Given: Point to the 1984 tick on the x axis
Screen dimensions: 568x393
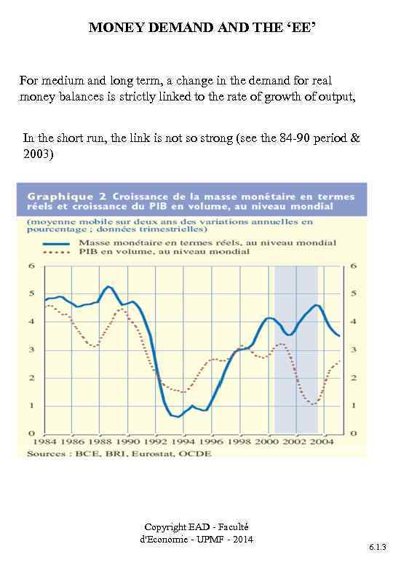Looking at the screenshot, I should [44, 441].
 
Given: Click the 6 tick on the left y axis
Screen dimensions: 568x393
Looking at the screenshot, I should [32, 267].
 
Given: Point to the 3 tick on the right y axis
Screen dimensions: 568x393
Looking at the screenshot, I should [354, 350].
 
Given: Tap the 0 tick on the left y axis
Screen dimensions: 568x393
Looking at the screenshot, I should [32, 433].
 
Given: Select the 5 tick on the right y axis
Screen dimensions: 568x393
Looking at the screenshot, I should [354, 294].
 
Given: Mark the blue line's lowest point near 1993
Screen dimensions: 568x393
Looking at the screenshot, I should [178, 417].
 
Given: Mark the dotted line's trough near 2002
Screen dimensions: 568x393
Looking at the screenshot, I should [312, 403].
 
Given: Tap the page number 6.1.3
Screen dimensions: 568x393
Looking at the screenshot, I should [377, 545].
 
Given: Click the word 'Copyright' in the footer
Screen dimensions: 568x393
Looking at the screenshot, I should [166, 526].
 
